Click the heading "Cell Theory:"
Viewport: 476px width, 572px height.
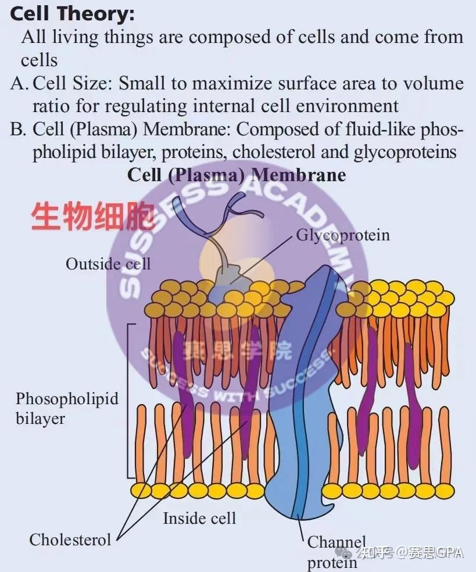coord(72,14)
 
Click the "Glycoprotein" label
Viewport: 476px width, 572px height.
coord(343,235)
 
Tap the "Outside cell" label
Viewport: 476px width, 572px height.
coord(108,264)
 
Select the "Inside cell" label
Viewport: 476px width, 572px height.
coord(199,518)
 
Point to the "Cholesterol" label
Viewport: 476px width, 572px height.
coord(70,539)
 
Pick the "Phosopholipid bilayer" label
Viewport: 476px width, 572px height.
coord(67,408)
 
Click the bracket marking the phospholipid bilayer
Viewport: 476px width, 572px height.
coord(128,401)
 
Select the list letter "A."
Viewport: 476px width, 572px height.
coord(20,83)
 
